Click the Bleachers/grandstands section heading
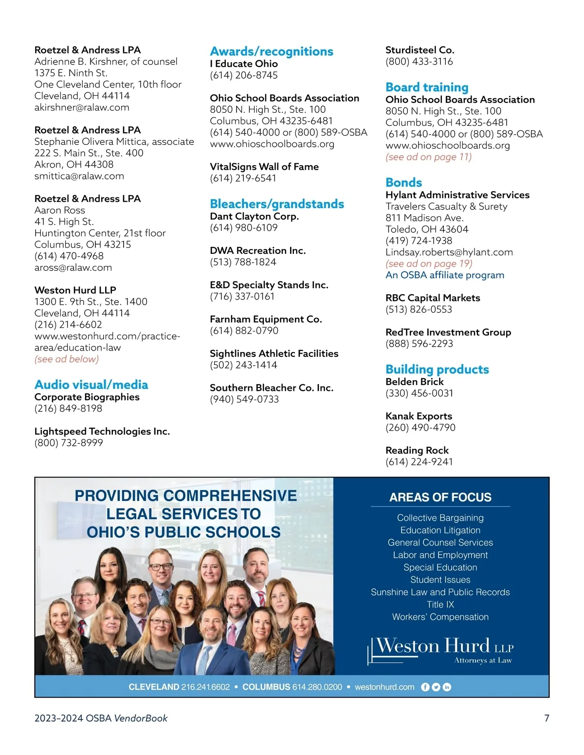(277, 204)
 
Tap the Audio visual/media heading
(91, 385)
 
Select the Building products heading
(437, 369)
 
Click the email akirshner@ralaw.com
(82, 107)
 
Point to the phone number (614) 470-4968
(69, 256)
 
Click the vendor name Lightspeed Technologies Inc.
(102, 432)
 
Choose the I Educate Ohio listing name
(244, 64)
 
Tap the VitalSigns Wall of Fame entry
(264, 167)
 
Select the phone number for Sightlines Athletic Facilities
(243, 365)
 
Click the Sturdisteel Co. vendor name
(420, 50)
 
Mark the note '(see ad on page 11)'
(428, 157)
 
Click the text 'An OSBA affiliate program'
(445, 275)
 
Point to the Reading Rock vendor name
(417, 451)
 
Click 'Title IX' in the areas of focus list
(440, 605)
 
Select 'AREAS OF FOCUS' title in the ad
(440, 497)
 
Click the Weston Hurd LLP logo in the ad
(440, 650)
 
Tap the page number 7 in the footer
(547, 718)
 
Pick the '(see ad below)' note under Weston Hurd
(67, 359)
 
